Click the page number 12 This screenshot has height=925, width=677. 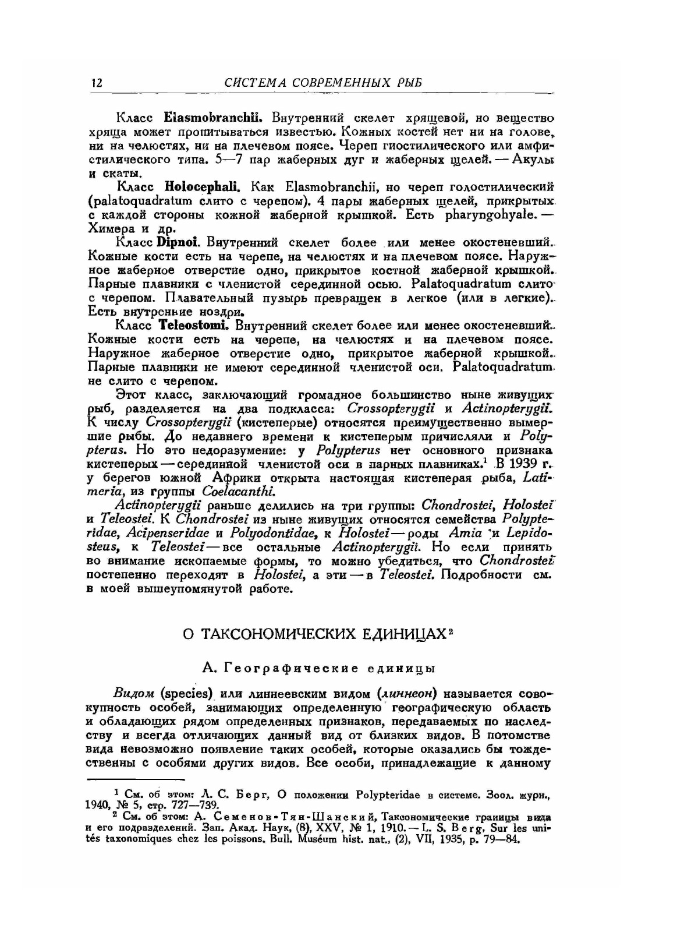tap(97, 83)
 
